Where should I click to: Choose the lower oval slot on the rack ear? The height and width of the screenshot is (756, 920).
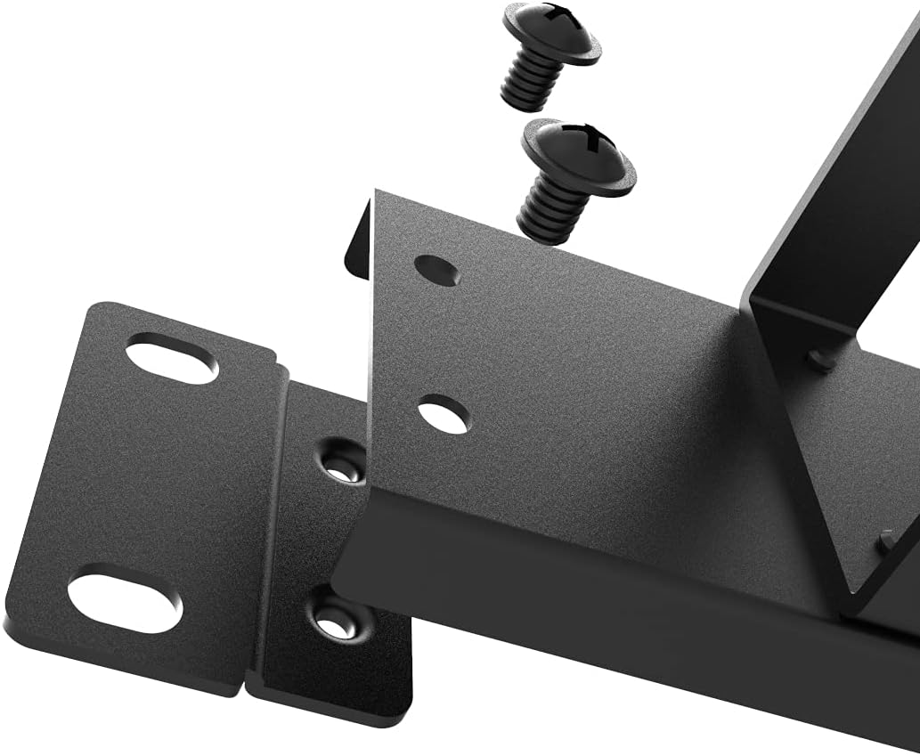tap(125, 603)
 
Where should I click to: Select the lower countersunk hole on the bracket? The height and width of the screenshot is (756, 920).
tap(334, 618)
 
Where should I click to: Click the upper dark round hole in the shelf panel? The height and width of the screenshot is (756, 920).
tap(437, 270)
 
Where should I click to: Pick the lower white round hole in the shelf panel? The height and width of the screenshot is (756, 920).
tap(444, 415)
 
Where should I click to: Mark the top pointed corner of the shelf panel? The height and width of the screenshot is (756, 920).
tap(378, 191)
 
